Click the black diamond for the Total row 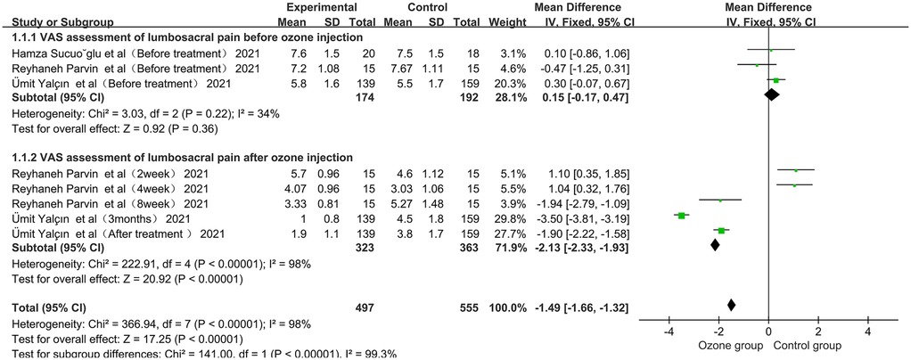click(x=732, y=306)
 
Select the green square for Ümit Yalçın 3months click(x=681, y=215)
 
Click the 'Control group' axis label click(x=809, y=345)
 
